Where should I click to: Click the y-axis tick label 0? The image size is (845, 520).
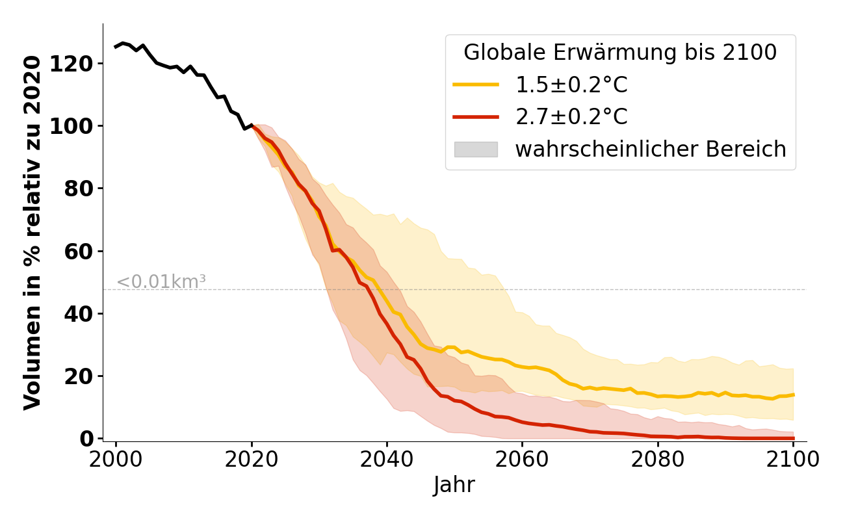87,439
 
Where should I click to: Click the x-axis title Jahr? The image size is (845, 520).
454,485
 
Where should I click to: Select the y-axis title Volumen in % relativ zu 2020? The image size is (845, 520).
32,233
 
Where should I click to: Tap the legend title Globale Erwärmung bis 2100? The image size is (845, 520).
620,53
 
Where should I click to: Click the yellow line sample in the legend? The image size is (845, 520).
476,84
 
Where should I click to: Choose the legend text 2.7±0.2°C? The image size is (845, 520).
571,117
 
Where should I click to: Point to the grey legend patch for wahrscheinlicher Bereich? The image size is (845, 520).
476,149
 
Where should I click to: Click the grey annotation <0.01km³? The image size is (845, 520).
161,282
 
